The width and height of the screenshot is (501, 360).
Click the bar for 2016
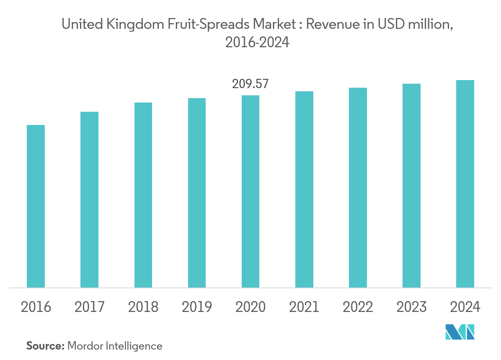[x=36, y=206]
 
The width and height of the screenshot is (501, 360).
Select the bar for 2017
[x=89, y=199]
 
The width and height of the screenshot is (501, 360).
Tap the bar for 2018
[x=143, y=195]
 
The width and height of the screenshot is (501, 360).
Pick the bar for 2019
[x=196, y=193]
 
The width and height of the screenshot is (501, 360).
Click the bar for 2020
[x=250, y=191]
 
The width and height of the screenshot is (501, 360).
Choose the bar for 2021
[x=304, y=189]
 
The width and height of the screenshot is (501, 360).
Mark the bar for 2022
[x=358, y=187]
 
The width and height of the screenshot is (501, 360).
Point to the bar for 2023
[x=411, y=185]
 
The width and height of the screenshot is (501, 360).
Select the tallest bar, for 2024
[x=465, y=184]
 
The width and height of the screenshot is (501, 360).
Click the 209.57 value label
[x=250, y=84]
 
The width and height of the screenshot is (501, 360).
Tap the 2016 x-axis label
[x=36, y=307]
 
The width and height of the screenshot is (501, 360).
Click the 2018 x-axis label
[x=143, y=307]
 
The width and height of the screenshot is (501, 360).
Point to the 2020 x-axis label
[x=250, y=307]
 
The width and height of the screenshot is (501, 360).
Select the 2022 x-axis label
[x=358, y=307]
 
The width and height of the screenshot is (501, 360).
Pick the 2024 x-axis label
[x=465, y=307]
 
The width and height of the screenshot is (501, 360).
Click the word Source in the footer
[x=45, y=346]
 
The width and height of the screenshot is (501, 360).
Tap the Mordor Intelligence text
[x=115, y=346]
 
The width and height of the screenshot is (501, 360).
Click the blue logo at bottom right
[x=460, y=332]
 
